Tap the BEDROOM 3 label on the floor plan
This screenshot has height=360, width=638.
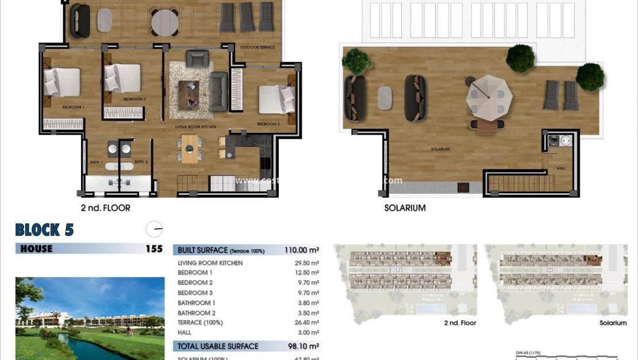(x=268, y=124)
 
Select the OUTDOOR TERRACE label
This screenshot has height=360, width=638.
(x=257, y=47)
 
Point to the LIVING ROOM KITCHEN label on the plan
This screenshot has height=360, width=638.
(x=196, y=126)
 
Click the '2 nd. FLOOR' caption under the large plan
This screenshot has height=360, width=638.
(x=106, y=208)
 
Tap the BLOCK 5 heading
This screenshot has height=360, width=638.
(x=44, y=230)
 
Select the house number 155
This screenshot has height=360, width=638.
(x=154, y=249)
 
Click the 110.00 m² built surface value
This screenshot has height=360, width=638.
(x=301, y=250)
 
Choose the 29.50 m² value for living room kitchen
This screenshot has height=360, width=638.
(x=308, y=263)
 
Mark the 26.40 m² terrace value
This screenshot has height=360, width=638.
(x=308, y=323)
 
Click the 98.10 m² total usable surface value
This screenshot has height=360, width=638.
(x=301, y=346)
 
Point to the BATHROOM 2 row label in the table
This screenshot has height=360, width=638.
(x=197, y=313)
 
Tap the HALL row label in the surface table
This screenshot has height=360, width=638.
(x=186, y=332)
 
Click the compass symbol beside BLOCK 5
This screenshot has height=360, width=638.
(x=154, y=229)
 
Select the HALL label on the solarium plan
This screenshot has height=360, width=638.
(x=561, y=169)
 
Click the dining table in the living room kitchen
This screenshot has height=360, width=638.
(x=190, y=148)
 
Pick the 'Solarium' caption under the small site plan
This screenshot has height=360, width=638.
(x=613, y=323)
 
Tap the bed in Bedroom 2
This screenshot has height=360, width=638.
(x=123, y=78)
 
